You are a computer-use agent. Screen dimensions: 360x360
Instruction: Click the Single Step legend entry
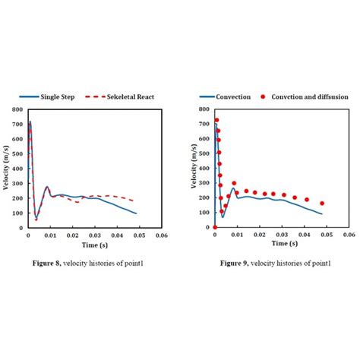51,97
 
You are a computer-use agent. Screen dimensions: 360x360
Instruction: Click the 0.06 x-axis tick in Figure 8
161,235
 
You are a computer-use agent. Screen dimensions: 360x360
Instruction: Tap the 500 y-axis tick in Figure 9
204,153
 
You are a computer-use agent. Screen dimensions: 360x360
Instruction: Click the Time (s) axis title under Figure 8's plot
93,245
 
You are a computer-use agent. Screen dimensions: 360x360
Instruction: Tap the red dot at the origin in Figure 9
215,227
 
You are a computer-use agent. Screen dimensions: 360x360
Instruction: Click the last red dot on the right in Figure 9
322,204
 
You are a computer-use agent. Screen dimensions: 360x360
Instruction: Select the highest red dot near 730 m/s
216,120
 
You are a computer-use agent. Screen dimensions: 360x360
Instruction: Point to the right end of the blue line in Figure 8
137,213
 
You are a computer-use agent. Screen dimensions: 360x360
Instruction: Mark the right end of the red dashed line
137,201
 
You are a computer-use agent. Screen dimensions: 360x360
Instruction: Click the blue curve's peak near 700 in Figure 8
30,122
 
